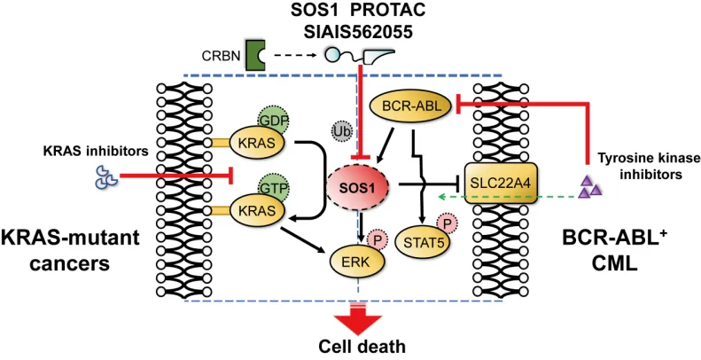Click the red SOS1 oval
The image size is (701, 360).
pyautogui.click(x=358, y=189)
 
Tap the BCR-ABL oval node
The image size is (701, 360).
pyautogui.click(x=412, y=106)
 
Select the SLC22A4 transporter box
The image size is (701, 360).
pyautogui.click(x=501, y=183)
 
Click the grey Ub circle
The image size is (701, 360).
pyautogui.click(x=342, y=131)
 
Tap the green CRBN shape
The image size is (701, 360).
pyautogui.click(x=255, y=56)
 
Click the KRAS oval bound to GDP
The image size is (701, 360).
pyautogui.click(x=257, y=143)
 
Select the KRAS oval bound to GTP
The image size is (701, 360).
pyautogui.click(x=257, y=211)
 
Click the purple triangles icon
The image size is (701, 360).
pyautogui.click(x=589, y=188)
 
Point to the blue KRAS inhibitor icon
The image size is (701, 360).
pyautogui.click(x=106, y=176)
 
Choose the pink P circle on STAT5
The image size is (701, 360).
pyautogui.click(x=446, y=223)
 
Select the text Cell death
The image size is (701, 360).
pyautogui.click(x=356, y=347)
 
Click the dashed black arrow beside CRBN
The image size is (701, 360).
pyautogui.click(x=295, y=56)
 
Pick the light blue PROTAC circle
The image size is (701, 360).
pyautogui.click(x=332, y=56)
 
